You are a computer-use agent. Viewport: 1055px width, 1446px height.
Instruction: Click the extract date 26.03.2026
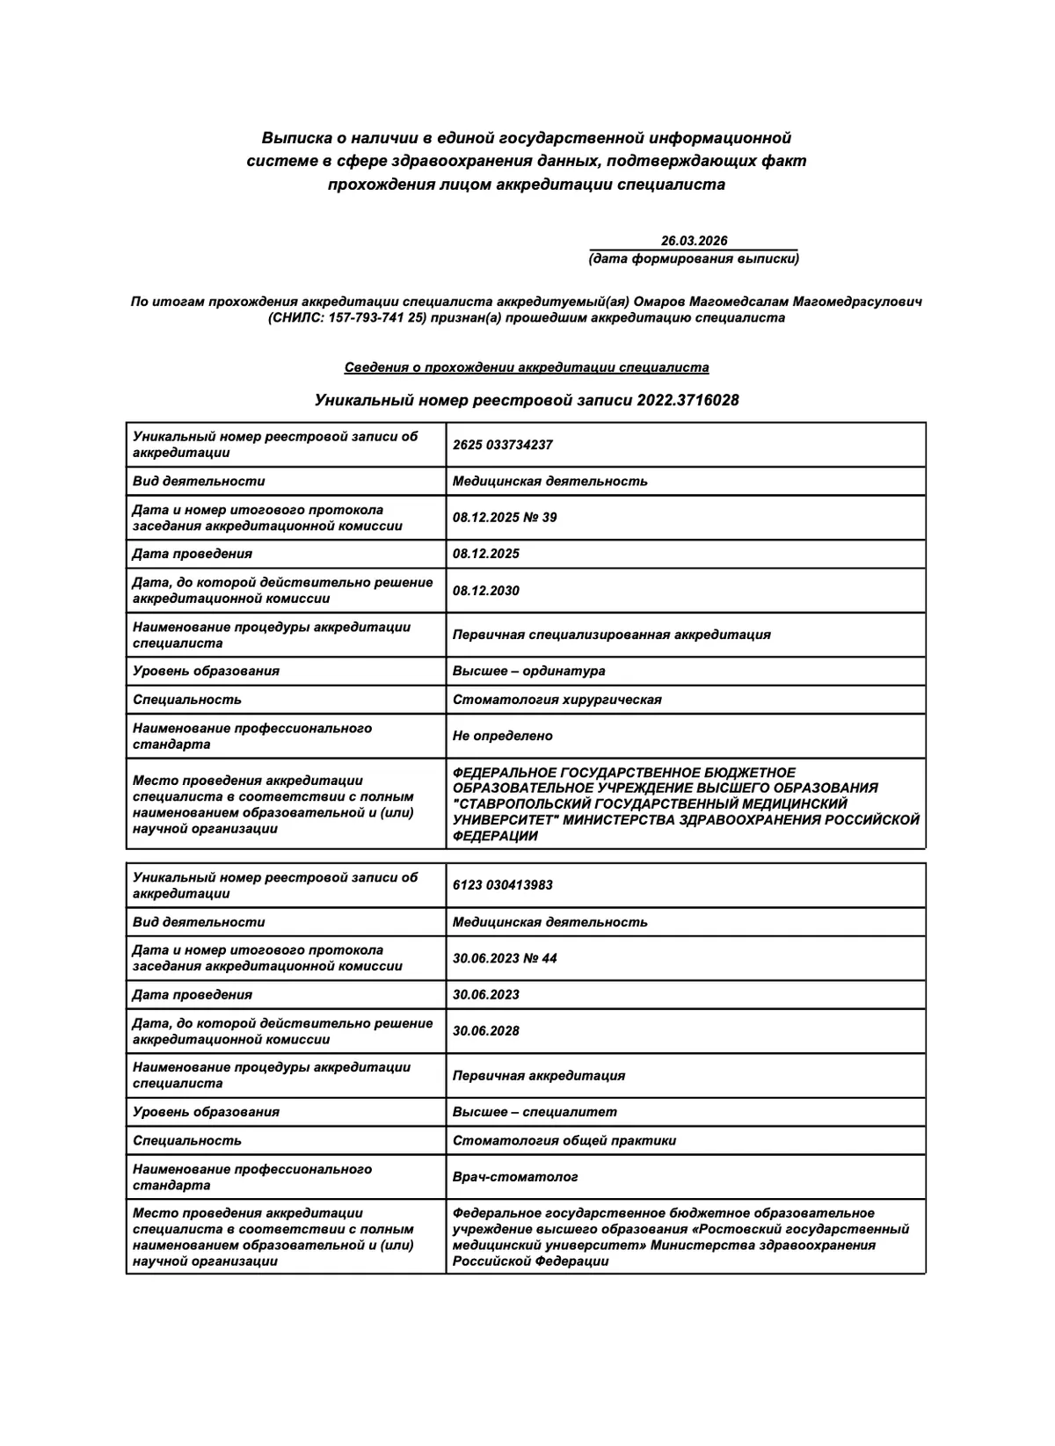coord(694,241)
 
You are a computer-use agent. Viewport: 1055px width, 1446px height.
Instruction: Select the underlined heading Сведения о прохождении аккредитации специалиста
coord(526,367)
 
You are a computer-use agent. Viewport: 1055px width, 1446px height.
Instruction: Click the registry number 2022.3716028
coord(694,401)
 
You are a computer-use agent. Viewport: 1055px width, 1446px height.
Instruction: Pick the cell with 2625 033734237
coord(503,445)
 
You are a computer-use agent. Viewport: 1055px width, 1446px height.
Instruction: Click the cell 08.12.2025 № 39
coord(505,518)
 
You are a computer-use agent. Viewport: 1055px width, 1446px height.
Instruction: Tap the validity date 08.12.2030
coord(486,591)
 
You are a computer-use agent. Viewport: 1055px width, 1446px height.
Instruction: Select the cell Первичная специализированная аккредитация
coord(611,635)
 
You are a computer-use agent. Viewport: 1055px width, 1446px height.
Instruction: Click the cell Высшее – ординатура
coord(528,671)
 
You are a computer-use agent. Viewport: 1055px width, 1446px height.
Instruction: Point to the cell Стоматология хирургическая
coord(557,700)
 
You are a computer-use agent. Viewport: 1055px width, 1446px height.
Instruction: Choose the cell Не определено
coord(502,736)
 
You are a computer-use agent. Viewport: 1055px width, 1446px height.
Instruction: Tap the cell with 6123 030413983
coord(503,885)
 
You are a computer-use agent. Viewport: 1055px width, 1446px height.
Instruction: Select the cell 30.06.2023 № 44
coord(505,958)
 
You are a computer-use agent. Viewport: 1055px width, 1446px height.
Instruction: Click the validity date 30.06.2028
coord(486,1031)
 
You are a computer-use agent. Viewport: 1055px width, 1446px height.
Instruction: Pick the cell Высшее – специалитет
coord(535,1112)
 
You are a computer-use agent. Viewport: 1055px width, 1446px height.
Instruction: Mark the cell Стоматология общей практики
coord(564,1141)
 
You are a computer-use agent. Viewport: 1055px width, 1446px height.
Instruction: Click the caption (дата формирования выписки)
coord(694,258)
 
